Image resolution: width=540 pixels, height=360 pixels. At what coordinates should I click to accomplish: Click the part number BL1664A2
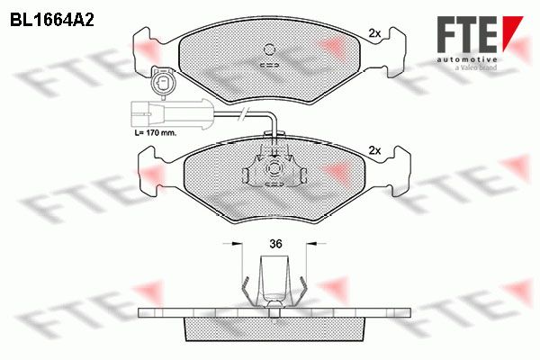click(52, 20)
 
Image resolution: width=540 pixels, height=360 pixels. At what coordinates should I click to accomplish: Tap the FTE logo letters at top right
click(467, 34)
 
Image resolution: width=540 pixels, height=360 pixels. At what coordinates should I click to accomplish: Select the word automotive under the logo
click(467, 60)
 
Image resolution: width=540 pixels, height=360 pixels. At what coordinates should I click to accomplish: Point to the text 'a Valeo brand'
click(475, 67)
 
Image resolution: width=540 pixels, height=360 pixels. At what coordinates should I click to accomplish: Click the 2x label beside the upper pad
click(374, 33)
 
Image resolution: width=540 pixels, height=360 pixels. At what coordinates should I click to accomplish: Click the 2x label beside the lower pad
click(374, 150)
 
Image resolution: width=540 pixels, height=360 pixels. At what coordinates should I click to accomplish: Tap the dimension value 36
click(275, 244)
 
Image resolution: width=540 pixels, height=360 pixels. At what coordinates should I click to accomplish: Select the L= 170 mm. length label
click(155, 132)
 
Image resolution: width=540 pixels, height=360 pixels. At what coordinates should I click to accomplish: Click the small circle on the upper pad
click(270, 49)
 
